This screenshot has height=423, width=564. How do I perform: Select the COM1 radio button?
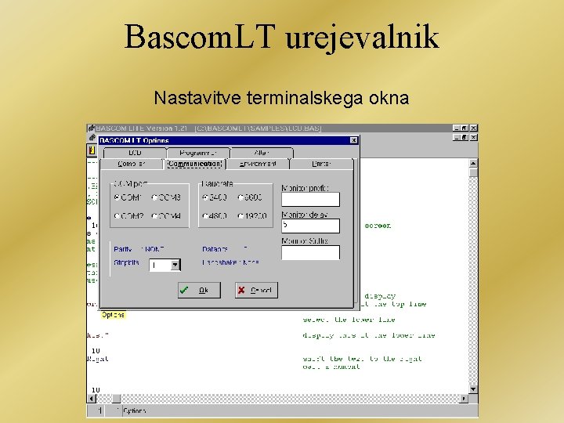[117, 197]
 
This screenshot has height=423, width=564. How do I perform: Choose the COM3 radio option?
[155, 197]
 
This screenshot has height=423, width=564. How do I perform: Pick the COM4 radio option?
[155, 215]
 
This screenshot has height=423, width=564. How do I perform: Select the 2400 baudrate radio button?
[205, 197]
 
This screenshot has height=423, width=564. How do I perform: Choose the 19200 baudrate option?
[244, 215]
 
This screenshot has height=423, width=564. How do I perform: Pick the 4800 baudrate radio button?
[205, 215]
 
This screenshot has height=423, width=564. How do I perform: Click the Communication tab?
[194, 164]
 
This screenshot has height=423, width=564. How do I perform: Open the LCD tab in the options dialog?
[134, 153]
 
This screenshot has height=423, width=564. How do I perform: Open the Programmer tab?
[197, 153]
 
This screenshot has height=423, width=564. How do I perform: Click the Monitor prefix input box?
[310, 200]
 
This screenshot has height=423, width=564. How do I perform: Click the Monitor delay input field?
[310, 226]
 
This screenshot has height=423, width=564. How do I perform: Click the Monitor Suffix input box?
[310, 252]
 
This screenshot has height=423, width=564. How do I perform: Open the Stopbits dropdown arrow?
[175, 266]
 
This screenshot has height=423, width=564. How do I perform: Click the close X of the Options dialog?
[353, 140]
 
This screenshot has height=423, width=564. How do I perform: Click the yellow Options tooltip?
[113, 315]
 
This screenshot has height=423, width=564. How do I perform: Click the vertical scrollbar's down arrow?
[473, 388]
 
